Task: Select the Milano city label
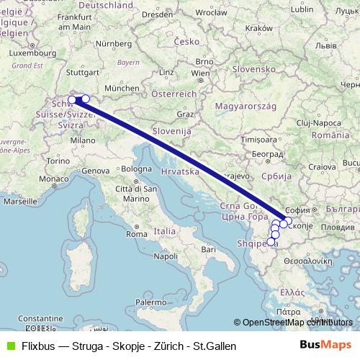point(83,141)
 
